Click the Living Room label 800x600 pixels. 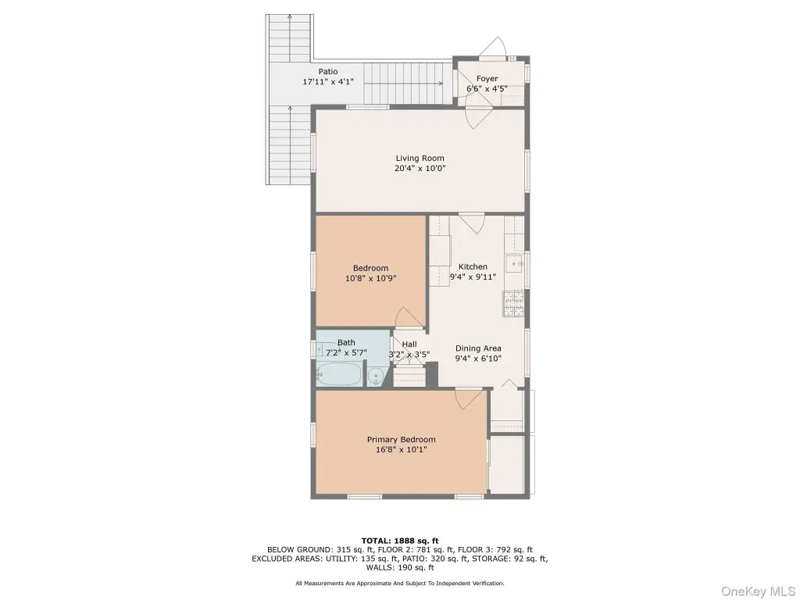420,158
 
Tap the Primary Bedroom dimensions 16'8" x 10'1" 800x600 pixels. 401,450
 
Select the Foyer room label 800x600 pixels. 487,79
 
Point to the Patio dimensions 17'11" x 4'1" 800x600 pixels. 328,81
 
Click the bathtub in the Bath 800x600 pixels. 339,374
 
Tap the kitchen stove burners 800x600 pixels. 514,304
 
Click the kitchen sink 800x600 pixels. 515,264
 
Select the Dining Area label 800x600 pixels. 478,348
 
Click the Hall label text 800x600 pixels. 409,345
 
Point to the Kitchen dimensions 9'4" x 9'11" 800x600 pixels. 473,277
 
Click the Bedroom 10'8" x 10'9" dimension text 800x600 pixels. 371,279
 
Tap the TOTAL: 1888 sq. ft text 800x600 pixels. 400,541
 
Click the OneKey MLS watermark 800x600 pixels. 758,591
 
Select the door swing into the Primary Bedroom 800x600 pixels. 470,399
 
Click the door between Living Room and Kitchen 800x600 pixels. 472,223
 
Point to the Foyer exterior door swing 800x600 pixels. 493,49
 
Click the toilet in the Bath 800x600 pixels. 377,377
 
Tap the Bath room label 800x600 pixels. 346,343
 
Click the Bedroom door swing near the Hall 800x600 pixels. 409,317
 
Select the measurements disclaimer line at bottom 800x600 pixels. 400,583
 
